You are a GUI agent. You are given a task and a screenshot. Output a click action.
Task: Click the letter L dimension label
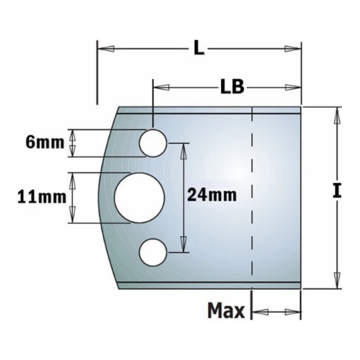click(x=199, y=48)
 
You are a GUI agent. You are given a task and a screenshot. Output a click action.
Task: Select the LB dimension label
click(x=232, y=87)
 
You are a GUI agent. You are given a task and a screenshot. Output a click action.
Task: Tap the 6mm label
click(x=45, y=143)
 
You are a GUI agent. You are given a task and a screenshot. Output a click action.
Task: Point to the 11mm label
click(x=42, y=197)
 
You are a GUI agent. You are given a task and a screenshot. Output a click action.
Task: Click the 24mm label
click(x=212, y=195)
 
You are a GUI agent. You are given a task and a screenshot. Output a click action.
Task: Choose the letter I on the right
click(x=337, y=191)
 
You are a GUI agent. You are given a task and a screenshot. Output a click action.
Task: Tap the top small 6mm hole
click(x=153, y=143)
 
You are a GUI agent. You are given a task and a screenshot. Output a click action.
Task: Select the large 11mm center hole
click(x=139, y=198)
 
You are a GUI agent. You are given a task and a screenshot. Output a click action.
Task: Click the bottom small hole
click(x=153, y=252)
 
